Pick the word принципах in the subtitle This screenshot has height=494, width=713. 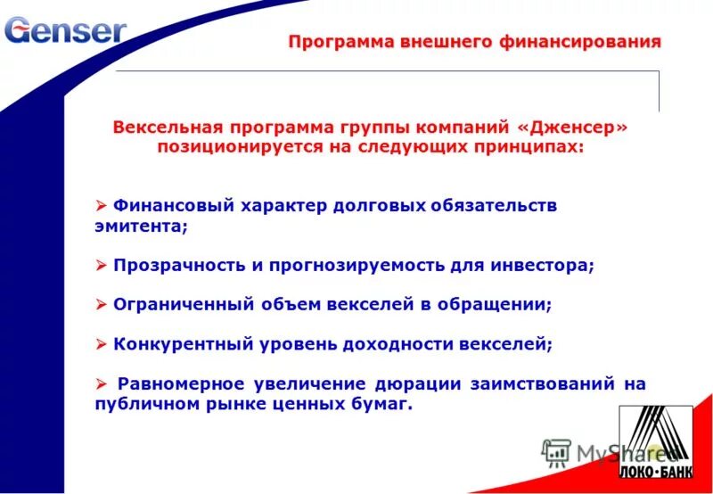tap(532, 146)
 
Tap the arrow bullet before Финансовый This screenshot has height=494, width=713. tap(100, 205)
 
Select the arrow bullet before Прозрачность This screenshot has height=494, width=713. tap(100, 266)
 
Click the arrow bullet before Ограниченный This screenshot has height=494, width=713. tap(100, 304)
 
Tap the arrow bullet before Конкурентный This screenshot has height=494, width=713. tap(100, 343)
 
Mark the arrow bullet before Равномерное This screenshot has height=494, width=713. tap(100, 383)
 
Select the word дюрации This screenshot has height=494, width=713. tap(419, 383)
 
